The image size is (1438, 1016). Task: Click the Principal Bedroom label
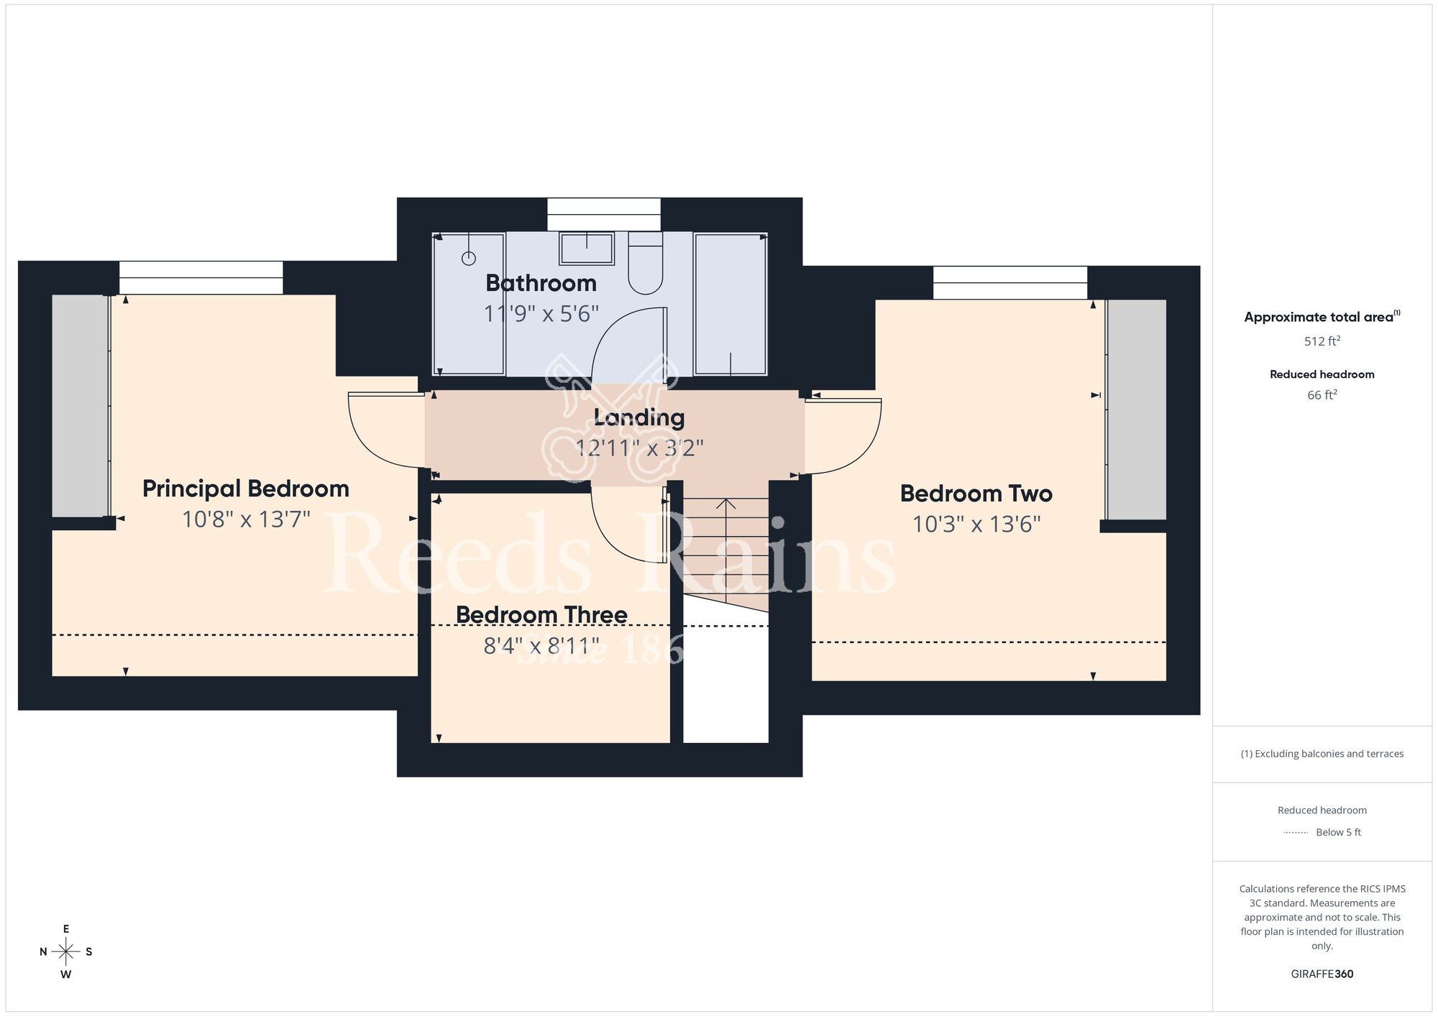coord(246,489)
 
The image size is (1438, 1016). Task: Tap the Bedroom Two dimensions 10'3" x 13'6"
coord(976,525)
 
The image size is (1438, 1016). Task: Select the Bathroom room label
coord(541,283)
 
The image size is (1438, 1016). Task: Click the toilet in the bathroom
coord(646,263)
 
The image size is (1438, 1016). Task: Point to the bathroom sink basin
coord(587,249)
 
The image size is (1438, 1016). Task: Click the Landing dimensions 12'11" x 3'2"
coord(639,448)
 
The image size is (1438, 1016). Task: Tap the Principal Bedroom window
coord(201,277)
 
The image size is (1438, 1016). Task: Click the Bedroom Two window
coord(1010,283)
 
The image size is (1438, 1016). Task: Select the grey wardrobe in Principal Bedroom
coord(80,405)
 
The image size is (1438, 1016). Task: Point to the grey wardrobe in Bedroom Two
coord(1137,410)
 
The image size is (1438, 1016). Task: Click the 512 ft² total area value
coord(1322,341)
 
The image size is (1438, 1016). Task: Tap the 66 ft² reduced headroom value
coord(1322,394)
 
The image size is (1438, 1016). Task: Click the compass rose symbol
coord(66,952)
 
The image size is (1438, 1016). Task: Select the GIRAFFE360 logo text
coord(1322,974)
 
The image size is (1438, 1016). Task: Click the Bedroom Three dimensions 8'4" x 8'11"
coord(541,646)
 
